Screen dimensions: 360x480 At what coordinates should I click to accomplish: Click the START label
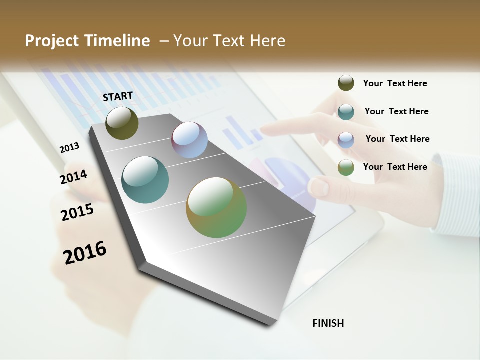pyautogui.click(x=118, y=96)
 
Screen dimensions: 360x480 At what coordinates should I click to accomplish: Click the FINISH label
pyautogui.click(x=328, y=323)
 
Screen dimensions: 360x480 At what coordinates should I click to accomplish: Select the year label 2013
pyautogui.click(x=69, y=148)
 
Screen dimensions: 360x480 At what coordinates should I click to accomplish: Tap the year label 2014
pyautogui.click(x=73, y=177)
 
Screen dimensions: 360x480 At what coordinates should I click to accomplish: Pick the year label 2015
pyautogui.click(x=77, y=212)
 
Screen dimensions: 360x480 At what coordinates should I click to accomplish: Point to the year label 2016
pyautogui.click(x=85, y=253)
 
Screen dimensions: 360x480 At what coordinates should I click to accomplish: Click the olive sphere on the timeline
pyautogui.click(x=122, y=123)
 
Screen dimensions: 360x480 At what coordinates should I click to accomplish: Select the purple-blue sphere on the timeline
pyautogui.click(x=189, y=140)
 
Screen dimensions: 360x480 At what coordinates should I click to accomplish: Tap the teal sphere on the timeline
pyautogui.click(x=145, y=180)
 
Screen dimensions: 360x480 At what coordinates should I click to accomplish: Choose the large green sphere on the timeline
pyautogui.click(x=216, y=207)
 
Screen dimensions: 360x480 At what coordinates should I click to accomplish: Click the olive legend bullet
pyautogui.click(x=346, y=83)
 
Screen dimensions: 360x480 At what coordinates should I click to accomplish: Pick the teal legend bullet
pyautogui.click(x=346, y=111)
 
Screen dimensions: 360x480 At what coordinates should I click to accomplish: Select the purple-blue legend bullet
pyautogui.click(x=346, y=139)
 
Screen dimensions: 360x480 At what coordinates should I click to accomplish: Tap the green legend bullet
pyautogui.click(x=346, y=167)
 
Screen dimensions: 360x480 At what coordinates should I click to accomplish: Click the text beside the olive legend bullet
pyautogui.click(x=395, y=83)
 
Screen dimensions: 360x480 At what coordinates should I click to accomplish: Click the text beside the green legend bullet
pyautogui.click(x=395, y=167)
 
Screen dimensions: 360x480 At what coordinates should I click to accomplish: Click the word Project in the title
pyautogui.click(x=52, y=41)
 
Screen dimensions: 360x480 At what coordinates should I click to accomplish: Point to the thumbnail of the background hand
pyautogui.click(x=318, y=187)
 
